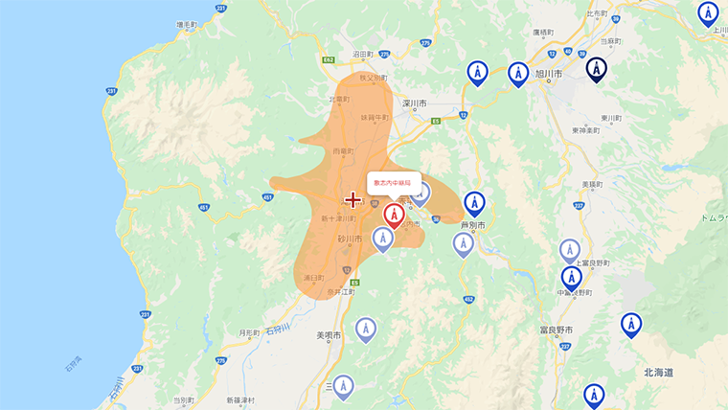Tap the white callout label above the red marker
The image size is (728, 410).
394,182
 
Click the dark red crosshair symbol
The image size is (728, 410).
353,199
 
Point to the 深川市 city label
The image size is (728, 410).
414,102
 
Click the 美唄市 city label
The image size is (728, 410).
329,335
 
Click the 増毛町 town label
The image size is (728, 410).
187,24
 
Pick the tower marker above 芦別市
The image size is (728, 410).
474,203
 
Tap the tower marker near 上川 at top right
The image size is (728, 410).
708,13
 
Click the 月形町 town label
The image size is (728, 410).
249,332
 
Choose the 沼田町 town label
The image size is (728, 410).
363,55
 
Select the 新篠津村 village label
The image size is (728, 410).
240,399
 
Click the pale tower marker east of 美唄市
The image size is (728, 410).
365,330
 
